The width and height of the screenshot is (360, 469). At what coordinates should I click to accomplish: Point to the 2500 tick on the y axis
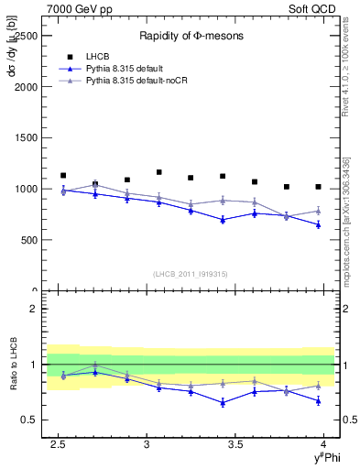[26, 36]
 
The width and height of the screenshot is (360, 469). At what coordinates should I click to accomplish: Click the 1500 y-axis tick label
[26, 137]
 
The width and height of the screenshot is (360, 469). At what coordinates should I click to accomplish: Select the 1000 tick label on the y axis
[26, 189]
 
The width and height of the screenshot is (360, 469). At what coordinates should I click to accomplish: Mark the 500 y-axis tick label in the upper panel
[28, 240]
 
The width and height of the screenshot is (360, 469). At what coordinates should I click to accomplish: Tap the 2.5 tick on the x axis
[60, 444]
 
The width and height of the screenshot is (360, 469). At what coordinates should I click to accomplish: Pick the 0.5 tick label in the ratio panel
[29, 420]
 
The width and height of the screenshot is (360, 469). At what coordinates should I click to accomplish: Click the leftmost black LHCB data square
[63, 175]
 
